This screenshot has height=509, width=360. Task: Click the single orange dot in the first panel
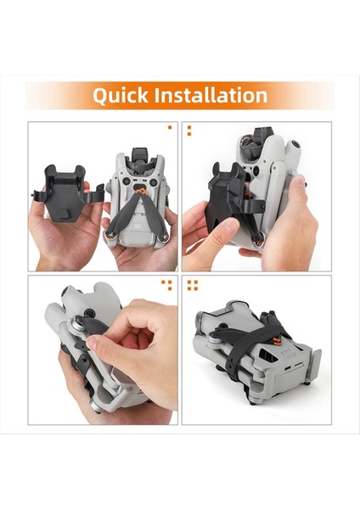tap(170, 128)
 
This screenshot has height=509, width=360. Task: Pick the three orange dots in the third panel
tap(168, 285)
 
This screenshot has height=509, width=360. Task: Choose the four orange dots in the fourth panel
tap(192, 285)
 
